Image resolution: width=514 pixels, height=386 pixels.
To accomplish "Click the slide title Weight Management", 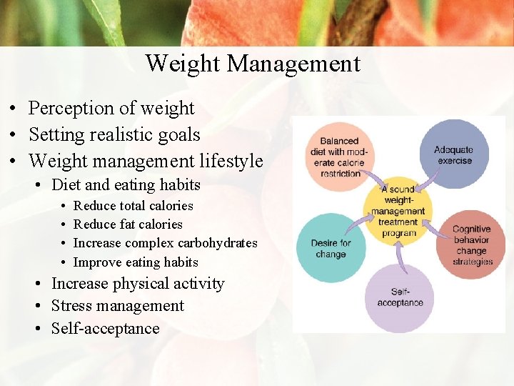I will [x=253, y=64].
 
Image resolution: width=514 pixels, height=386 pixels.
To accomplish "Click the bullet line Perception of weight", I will [x=111, y=108].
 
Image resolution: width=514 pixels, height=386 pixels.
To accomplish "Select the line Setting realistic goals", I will [x=114, y=134].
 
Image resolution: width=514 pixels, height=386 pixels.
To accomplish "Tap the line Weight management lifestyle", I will [x=146, y=161].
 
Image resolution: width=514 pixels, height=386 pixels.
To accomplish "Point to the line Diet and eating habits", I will [x=126, y=185].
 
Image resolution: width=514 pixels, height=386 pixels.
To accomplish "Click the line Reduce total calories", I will [x=133, y=206].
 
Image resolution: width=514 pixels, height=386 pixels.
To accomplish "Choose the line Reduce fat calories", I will [x=128, y=224].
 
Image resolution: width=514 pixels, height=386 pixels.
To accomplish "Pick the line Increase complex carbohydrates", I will [x=166, y=243].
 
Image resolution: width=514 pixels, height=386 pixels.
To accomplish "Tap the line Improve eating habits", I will [x=136, y=262].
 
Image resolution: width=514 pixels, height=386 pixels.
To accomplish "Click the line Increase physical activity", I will [x=138, y=284].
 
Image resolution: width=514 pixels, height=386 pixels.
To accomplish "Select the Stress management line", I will [x=118, y=306].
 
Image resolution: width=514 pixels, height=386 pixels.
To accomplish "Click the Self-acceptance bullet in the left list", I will [x=105, y=329].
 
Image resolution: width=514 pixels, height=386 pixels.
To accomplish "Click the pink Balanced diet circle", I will [x=338, y=157].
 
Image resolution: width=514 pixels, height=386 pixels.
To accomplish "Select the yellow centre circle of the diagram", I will [x=398, y=211].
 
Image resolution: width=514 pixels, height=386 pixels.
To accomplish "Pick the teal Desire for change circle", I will [x=330, y=247].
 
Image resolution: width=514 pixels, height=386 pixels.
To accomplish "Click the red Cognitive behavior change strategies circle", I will [x=471, y=246].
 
